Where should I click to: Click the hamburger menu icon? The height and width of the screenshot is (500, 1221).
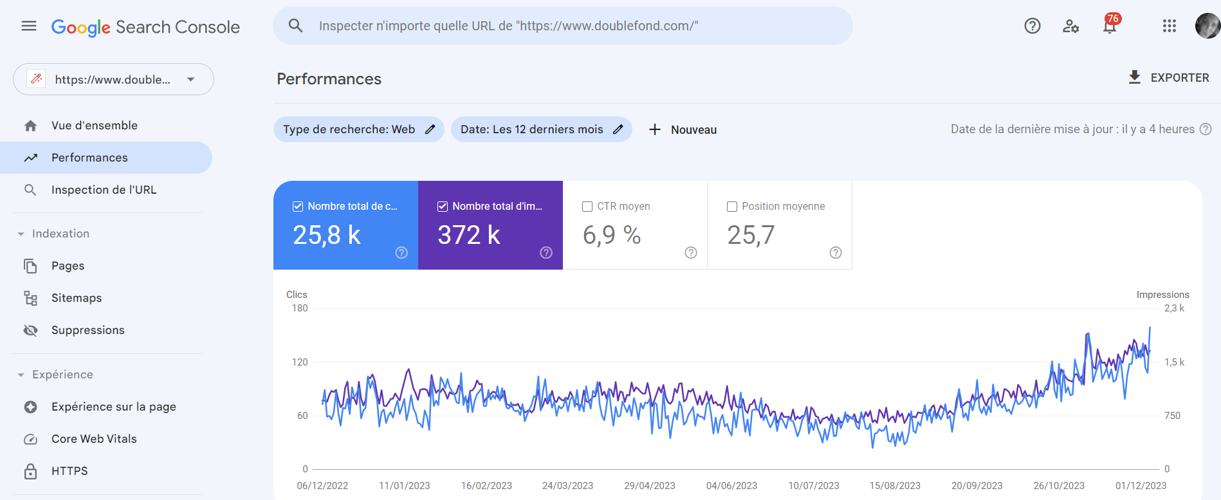29,26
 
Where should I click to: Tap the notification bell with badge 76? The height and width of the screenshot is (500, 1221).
1110,26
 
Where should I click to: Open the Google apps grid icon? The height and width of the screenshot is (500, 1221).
1169,26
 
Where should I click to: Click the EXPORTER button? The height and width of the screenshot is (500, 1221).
1169,78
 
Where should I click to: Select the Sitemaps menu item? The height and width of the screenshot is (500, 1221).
77,298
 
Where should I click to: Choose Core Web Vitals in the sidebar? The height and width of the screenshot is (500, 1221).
94,439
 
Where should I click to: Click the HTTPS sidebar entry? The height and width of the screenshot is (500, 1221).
69,471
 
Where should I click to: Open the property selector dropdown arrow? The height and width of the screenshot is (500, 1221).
191,80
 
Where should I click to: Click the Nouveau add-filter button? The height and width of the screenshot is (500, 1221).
683,130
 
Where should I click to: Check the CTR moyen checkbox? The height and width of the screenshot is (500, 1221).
587,207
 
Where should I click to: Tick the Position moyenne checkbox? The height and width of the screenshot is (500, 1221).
732,207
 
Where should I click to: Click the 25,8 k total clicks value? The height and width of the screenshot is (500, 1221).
327,236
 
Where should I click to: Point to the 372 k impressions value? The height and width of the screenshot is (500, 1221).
469,236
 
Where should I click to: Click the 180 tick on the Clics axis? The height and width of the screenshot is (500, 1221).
300,308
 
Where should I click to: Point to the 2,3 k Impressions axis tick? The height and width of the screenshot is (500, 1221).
1174,308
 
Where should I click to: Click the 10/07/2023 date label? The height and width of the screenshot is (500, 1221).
814,486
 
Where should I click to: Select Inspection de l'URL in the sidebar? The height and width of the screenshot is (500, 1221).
104,190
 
